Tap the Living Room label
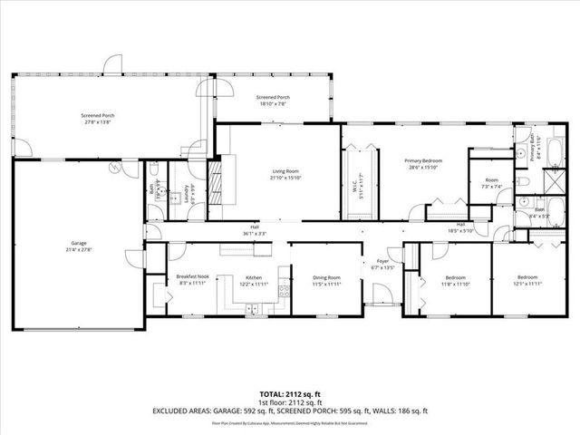[x=286, y=173]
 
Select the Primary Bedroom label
[x=422, y=163]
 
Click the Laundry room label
[x=187, y=195]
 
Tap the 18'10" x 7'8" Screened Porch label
[x=272, y=101]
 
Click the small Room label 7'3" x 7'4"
[x=491, y=183]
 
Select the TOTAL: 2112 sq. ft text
[x=289, y=395]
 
